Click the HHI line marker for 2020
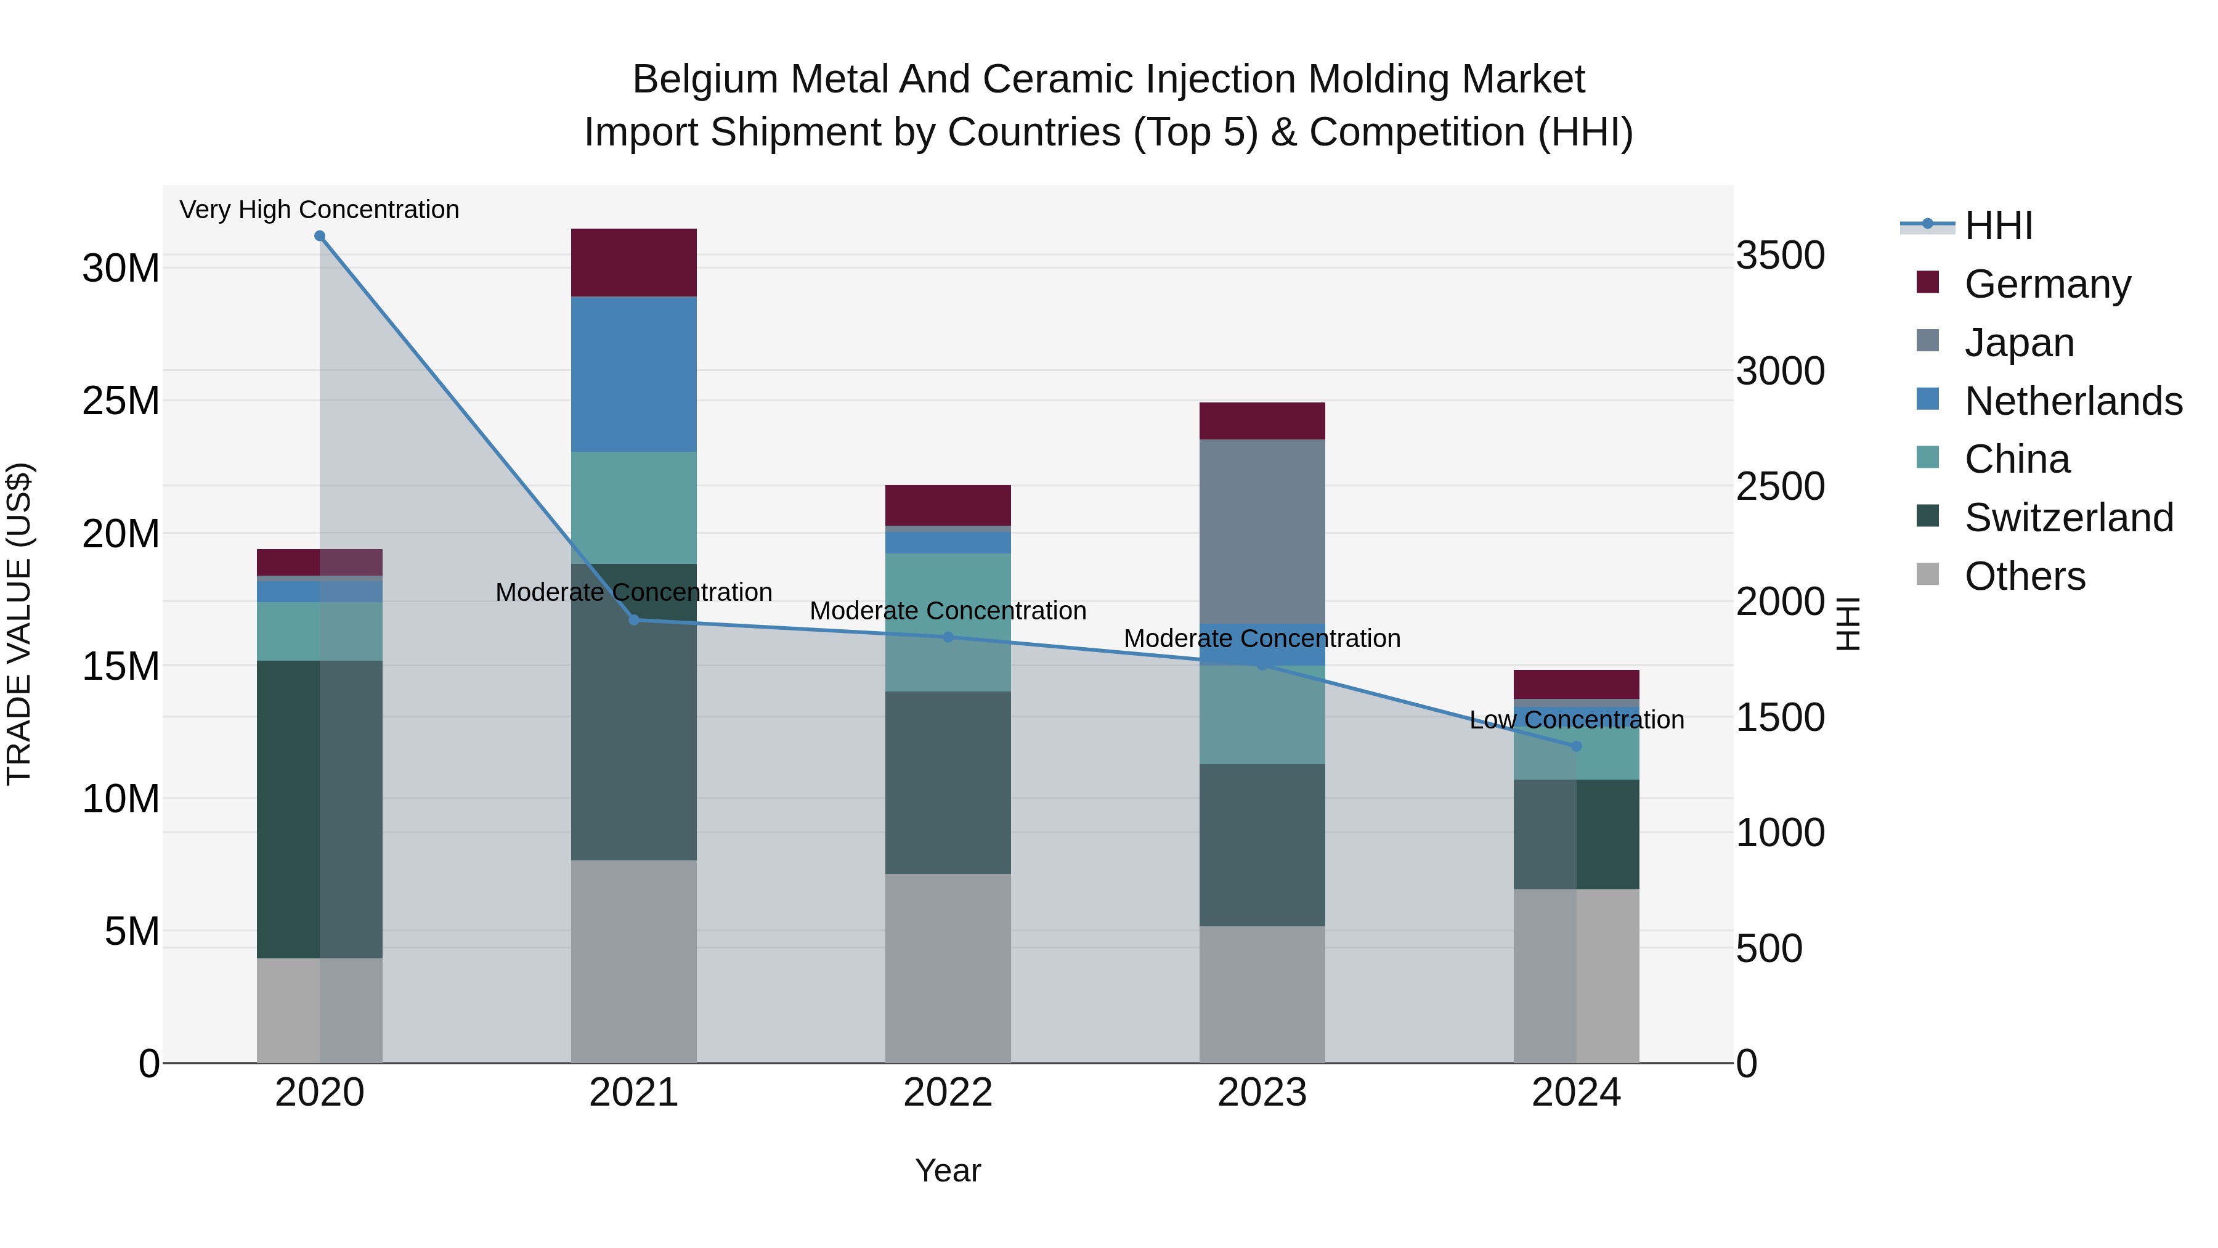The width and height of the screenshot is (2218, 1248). (319, 236)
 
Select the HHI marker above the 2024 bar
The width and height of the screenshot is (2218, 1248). (1577, 746)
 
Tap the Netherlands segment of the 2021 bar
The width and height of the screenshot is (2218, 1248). (634, 374)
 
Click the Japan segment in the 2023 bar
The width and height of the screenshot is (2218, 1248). (1262, 531)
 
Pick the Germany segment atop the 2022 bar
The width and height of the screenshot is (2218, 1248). (948, 505)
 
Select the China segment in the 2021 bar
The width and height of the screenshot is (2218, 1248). (634, 507)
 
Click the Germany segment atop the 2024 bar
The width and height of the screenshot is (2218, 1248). (1577, 684)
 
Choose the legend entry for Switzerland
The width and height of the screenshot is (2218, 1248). (2068, 518)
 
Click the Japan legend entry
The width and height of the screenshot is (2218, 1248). (2019, 343)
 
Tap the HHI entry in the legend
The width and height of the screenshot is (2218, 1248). (1997, 226)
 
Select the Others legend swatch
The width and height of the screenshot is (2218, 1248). (1928, 574)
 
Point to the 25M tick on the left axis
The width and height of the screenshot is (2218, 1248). (121, 401)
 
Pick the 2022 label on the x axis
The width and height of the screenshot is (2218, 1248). (948, 1093)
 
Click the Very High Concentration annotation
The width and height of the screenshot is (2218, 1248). (319, 210)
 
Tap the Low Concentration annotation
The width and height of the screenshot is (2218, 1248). (1577, 719)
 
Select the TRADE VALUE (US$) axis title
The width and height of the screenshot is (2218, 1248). (20, 624)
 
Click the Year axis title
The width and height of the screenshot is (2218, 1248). (948, 1170)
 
